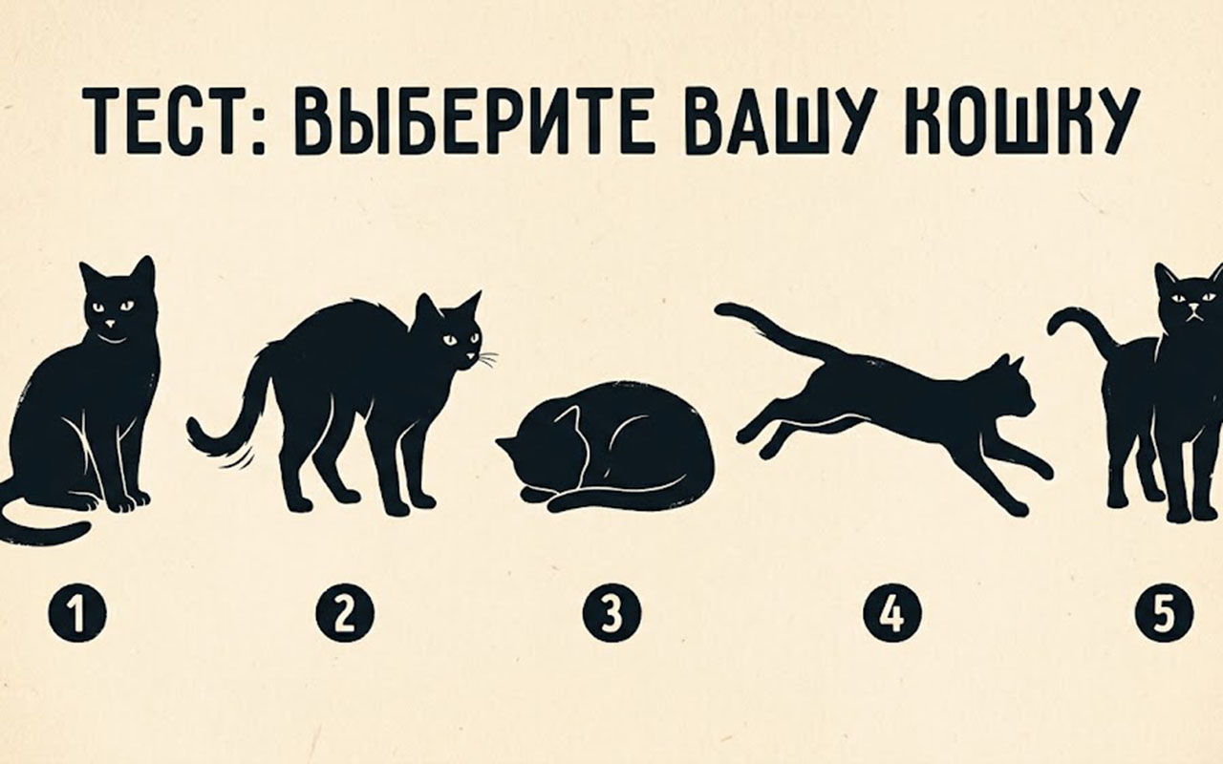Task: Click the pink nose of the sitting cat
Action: tap(111, 324)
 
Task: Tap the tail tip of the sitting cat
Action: tap(82, 528)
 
